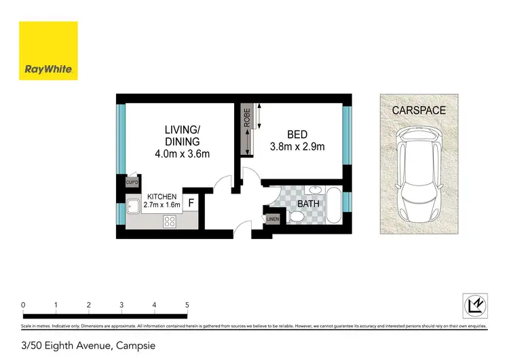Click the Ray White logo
point(48,51)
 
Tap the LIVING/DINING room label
point(182,135)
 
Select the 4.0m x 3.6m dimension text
point(182,154)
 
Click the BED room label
point(297,134)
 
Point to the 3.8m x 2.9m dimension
point(297,147)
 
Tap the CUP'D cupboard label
point(132,182)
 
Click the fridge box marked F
point(191,202)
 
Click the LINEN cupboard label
point(272,219)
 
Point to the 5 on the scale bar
point(187,305)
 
